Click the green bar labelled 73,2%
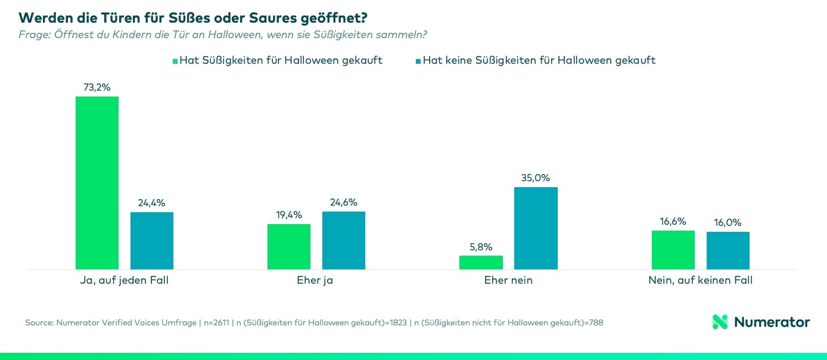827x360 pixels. pos(97,182)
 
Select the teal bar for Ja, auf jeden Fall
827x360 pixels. pos(152,240)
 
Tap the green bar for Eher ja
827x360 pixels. pos(289,246)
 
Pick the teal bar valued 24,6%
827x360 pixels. pos(344,240)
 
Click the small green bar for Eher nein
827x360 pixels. pos(481,262)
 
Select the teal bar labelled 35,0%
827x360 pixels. pos(536,228)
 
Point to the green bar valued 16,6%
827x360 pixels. pos(673,249)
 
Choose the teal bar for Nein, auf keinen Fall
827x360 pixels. pos(728,250)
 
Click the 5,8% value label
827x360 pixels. pos(481,247)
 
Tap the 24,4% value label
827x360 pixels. pos(152,203)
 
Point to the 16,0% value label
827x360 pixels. pos(728,222)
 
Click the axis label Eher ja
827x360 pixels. pos(315,280)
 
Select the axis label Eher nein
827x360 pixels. pos(508,280)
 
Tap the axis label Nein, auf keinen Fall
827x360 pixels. pos(700,280)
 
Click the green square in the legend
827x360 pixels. pos(175,61)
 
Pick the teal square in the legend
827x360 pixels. pos(418,61)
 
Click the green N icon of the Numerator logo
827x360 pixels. pos(720,322)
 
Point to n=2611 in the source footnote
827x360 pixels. pos(218,322)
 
